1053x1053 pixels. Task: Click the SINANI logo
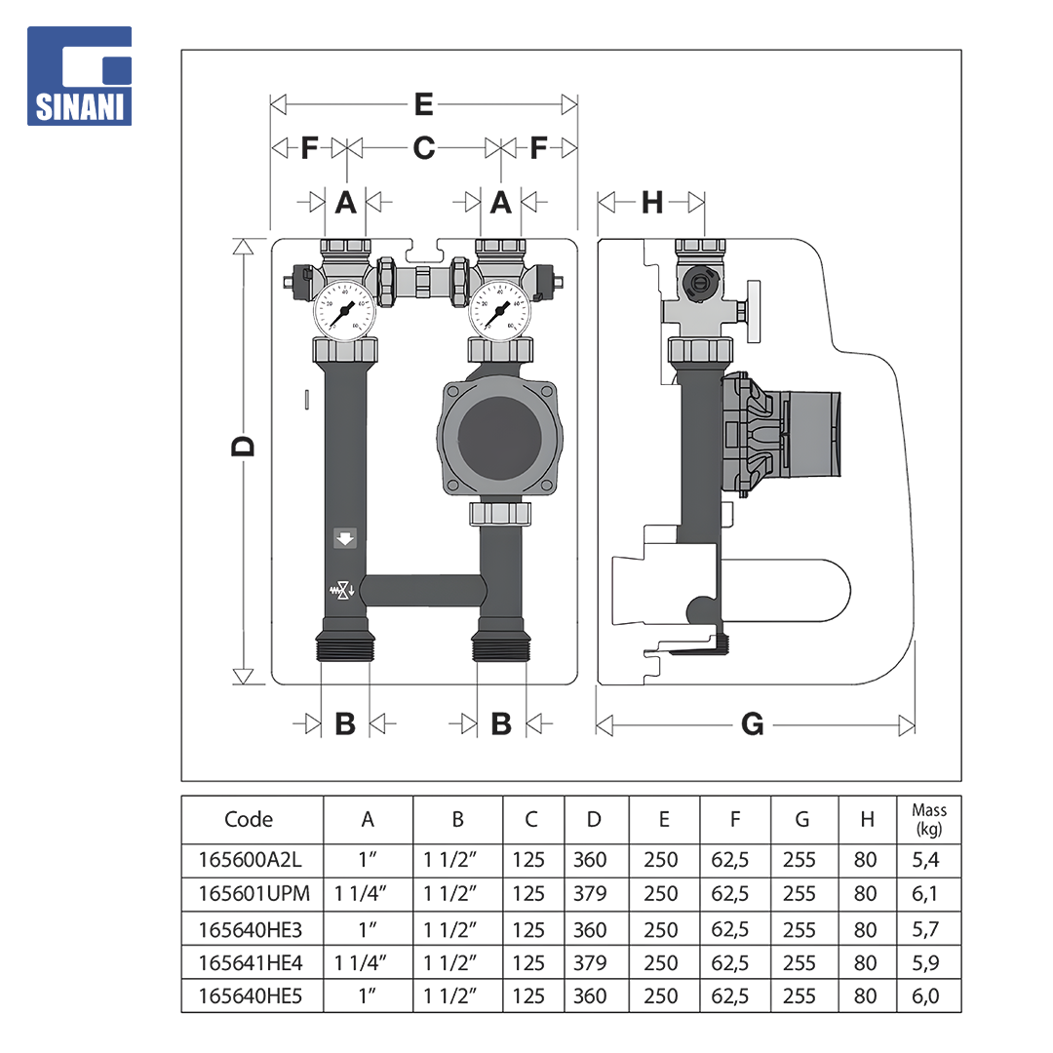pyautogui.click(x=79, y=76)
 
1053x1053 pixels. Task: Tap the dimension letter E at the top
pyautogui.click(x=424, y=104)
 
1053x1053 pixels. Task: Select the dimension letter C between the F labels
pyautogui.click(x=424, y=148)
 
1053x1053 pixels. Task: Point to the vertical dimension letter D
pyautogui.click(x=243, y=447)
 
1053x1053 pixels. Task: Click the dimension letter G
pyautogui.click(x=752, y=724)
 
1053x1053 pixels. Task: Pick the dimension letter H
pyautogui.click(x=652, y=202)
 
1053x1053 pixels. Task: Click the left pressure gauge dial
pyautogui.click(x=345, y=310)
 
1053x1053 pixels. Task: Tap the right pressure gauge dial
pyautogui.click(x=499, y=310)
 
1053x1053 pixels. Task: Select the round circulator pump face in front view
pyautogui.click(x=499, y=438)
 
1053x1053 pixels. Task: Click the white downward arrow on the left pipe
pyautogui.click(x=345, y=538)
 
